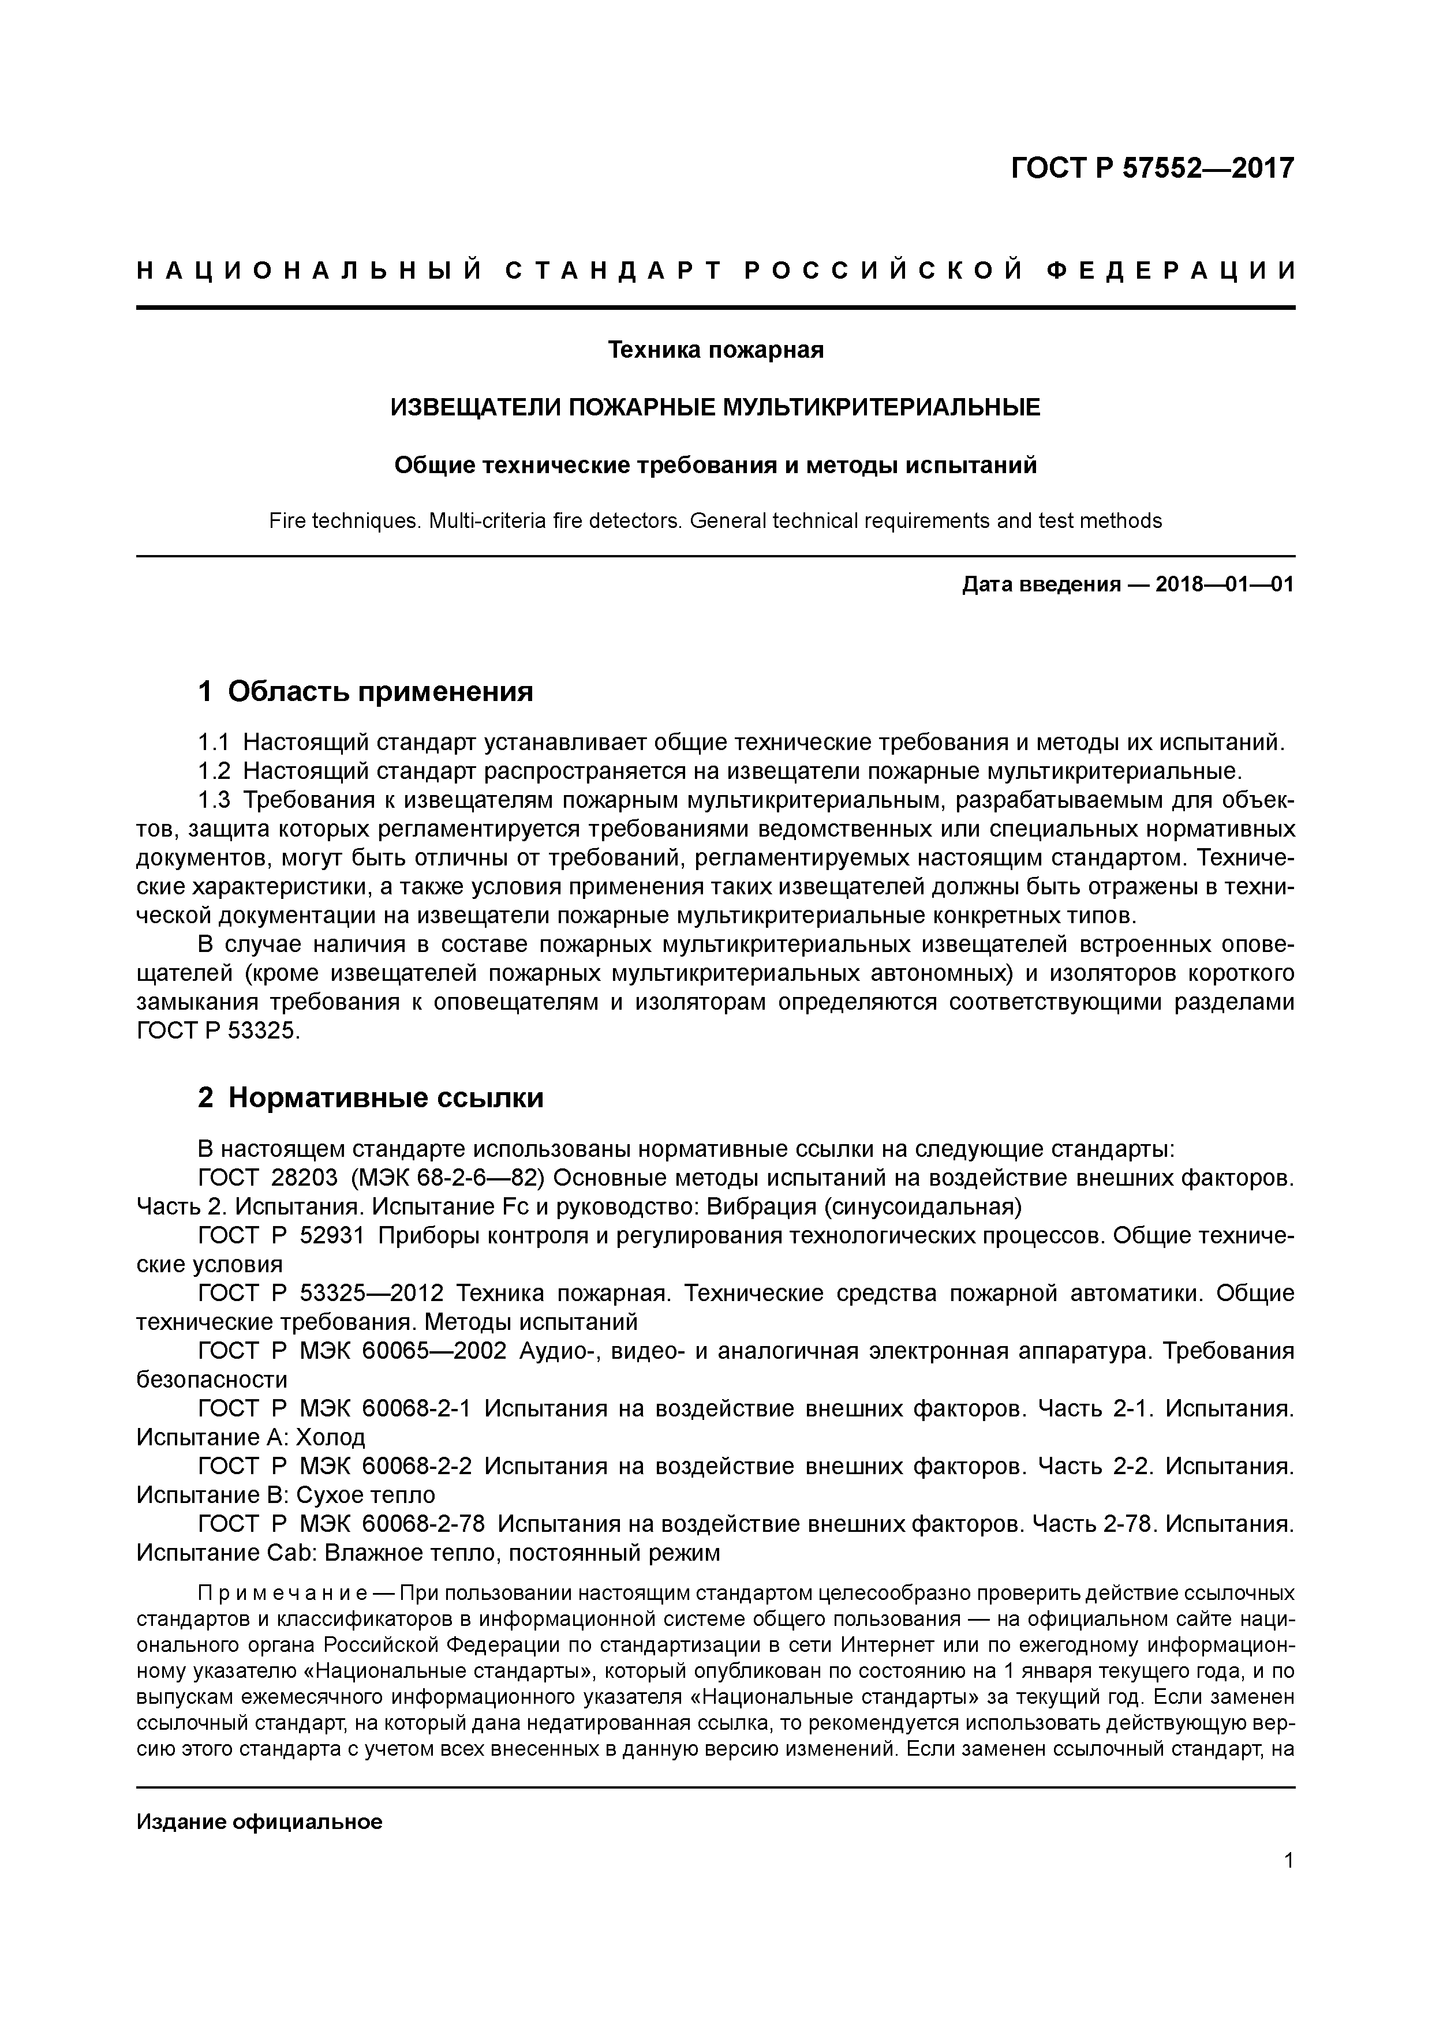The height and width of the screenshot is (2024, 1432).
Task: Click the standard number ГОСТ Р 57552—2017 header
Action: [1151, 167]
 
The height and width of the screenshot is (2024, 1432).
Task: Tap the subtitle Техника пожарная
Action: [715, 350]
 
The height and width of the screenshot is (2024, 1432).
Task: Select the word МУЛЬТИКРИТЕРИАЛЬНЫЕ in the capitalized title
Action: [881, 407]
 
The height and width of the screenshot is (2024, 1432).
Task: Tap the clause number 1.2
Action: [214, 771]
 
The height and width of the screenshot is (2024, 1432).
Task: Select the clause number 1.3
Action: [214, 800]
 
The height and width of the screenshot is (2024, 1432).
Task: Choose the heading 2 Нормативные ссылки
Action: [371, 1097]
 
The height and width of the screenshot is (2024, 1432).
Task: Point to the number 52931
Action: [331, 1236]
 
